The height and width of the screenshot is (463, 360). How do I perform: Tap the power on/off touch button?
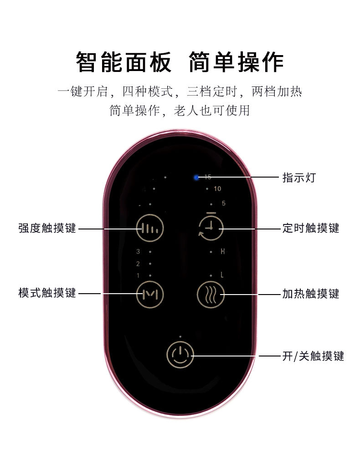[x=180, y=354]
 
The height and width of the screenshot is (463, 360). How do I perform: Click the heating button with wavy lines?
[x=211, y=295]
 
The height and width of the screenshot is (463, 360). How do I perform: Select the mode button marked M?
[x=149, y=294]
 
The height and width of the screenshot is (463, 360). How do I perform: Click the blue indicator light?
[x=196, y=178]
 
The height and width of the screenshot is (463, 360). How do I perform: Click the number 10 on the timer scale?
[x=217, y=189]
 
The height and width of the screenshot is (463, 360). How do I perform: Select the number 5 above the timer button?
[x=223, y=204]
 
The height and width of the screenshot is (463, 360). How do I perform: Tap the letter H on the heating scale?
[x=223, y=251]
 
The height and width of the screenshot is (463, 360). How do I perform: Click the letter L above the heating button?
[x=222, y=275]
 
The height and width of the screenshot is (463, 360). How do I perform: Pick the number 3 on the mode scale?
[x=138, y=251]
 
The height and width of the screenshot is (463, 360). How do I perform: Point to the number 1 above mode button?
[x=138, y=275]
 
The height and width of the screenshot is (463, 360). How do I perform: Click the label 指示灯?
[x=298, y=178]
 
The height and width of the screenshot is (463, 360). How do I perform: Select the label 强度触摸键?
[x=47, y=228]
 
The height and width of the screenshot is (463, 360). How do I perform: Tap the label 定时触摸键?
[x=310, y=228]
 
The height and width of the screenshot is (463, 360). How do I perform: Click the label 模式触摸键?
[x=47, y=293]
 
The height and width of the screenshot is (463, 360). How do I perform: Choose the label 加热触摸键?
[x=310, y=294]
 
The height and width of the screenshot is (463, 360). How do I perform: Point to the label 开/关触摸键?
[x=313, y=356]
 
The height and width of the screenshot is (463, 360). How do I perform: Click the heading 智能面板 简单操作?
[x=180, y=62]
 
